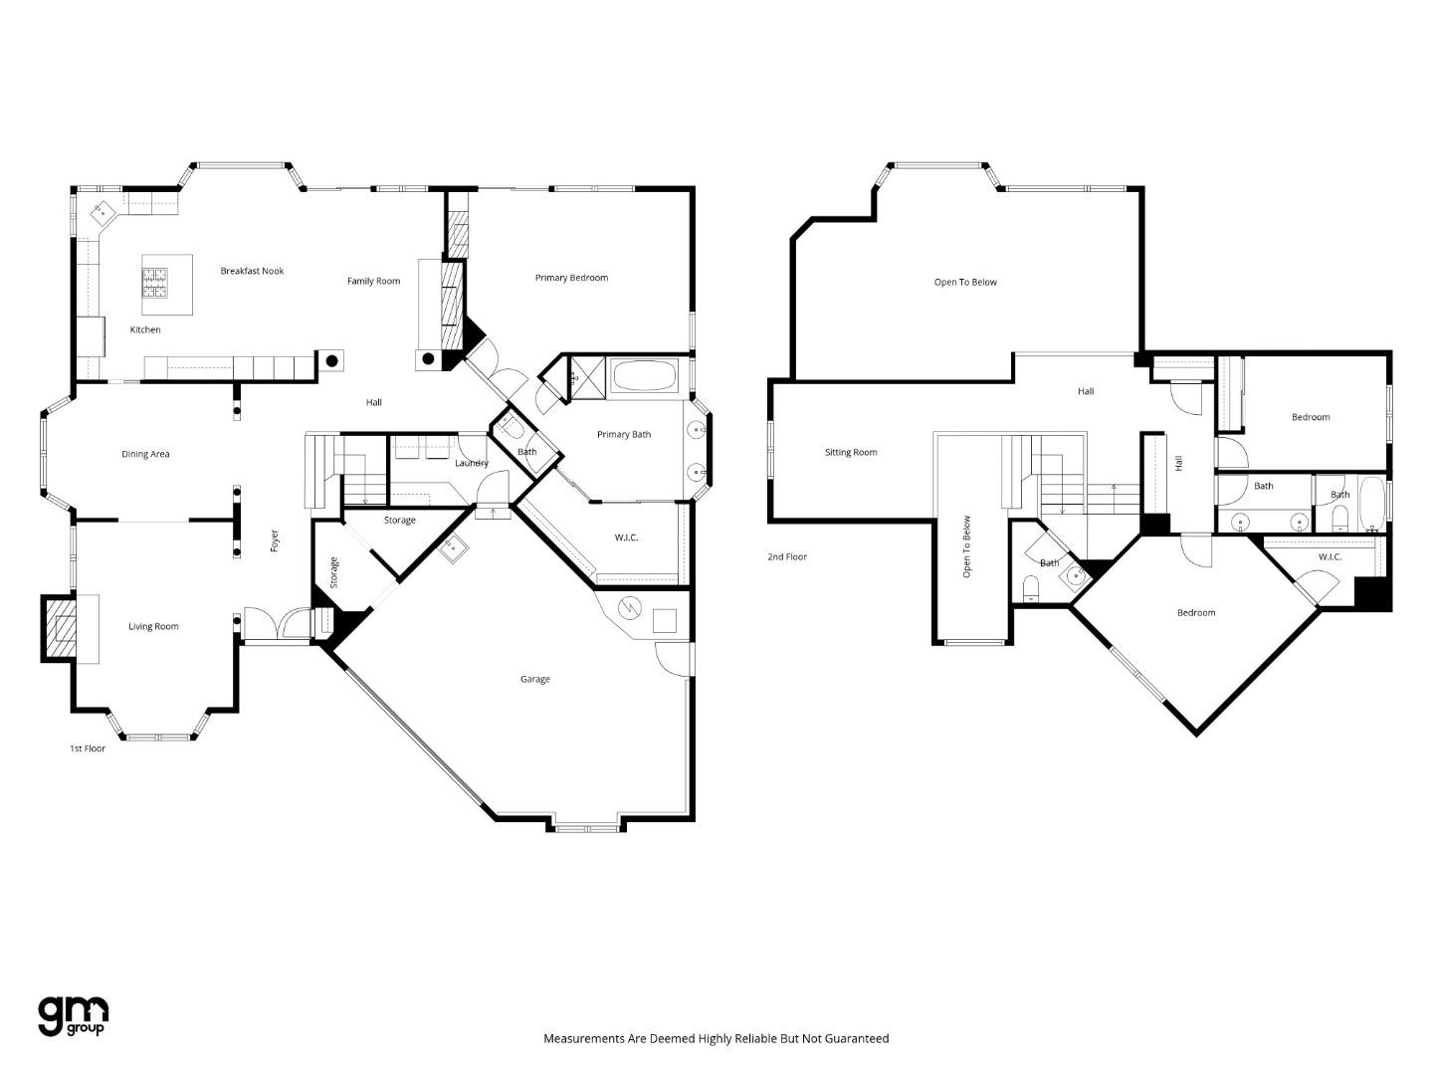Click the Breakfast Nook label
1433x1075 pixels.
pos(252,271)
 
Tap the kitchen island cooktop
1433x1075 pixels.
pos(156,284)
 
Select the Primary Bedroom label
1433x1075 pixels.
pos(571,278)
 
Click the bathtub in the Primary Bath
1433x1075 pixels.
pos(643,377)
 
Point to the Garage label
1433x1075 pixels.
pos(534,679)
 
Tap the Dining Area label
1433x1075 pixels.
pos(145,454)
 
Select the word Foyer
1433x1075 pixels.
pos(276,540)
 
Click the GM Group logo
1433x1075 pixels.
pos(73,1016)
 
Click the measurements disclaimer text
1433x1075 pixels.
pos(716,1038)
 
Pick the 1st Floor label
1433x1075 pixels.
pos(87,749)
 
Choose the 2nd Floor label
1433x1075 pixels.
pos(786,556)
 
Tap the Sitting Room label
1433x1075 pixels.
pos(851,452)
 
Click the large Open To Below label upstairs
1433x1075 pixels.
pos(964,282)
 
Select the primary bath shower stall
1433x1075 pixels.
pos(579,378)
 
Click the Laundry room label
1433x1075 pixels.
pos(471,463)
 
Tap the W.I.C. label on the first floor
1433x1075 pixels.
pos(626,537)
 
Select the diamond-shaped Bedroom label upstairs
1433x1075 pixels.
pos(1195,612)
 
